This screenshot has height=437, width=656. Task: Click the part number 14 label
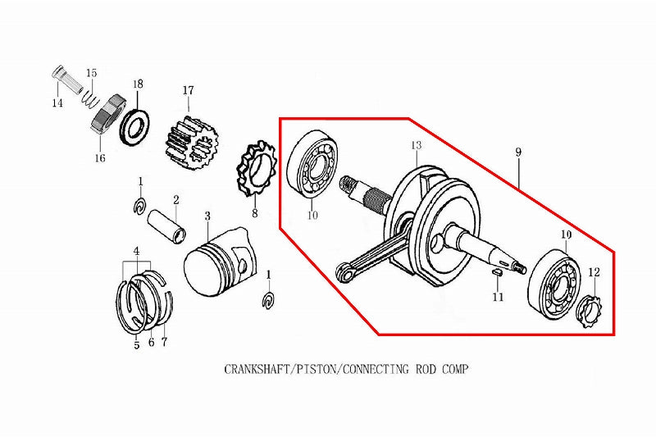click(x=57, y=102)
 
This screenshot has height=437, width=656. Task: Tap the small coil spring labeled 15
click(x=89, y=98)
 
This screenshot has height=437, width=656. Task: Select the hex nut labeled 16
click(x=108, y=115)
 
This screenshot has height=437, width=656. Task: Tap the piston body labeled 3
click(x=220, y=262)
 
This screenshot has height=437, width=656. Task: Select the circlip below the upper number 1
click(x=139, y=205)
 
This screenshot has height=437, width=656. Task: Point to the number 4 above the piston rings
click(x=136, y=252)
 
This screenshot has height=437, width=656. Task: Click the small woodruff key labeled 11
click(x=497, y=271)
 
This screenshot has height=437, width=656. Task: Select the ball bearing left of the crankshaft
click(x=313, y=164)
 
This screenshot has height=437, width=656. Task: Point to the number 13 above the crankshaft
click(x=416, y=145)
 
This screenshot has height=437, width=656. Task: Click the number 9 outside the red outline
click(x=518, y=152)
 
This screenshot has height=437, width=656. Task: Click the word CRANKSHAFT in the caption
click(x=257, y=369)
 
